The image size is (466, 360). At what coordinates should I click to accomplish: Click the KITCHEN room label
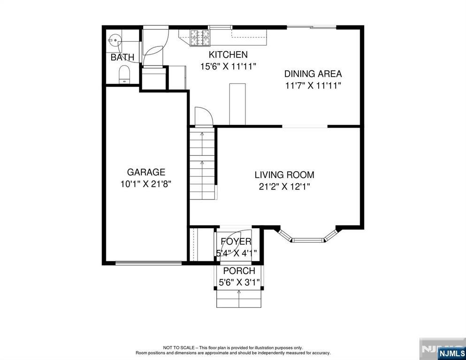[228, 54]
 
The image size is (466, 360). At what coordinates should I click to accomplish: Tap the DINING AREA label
[313, 74]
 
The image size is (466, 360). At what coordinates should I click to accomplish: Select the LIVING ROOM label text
[284, 175]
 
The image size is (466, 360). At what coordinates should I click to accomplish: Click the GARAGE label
[146, 172]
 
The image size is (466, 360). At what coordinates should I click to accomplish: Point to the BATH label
[122, 57]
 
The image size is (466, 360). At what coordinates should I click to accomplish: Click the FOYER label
[236, 242]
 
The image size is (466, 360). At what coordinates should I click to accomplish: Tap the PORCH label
[239, 271]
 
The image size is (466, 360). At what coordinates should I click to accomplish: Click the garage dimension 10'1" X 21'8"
[146, 184]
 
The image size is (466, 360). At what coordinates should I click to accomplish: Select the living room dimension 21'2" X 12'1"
[284, 186]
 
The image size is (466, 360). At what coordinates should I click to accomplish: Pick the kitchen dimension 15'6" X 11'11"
[228, 66]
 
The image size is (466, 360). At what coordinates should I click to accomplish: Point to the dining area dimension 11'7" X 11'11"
[313, 85]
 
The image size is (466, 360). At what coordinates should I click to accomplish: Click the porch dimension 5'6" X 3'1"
[239, 283]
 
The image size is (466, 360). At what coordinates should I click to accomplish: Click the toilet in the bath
[124, 74]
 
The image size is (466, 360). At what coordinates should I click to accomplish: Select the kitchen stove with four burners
[199, 38]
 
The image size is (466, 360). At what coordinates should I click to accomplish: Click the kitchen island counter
[237, 104]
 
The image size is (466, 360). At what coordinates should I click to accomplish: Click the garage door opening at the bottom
[148, 263]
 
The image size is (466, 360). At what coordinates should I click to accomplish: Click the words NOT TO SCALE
[178, 348]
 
